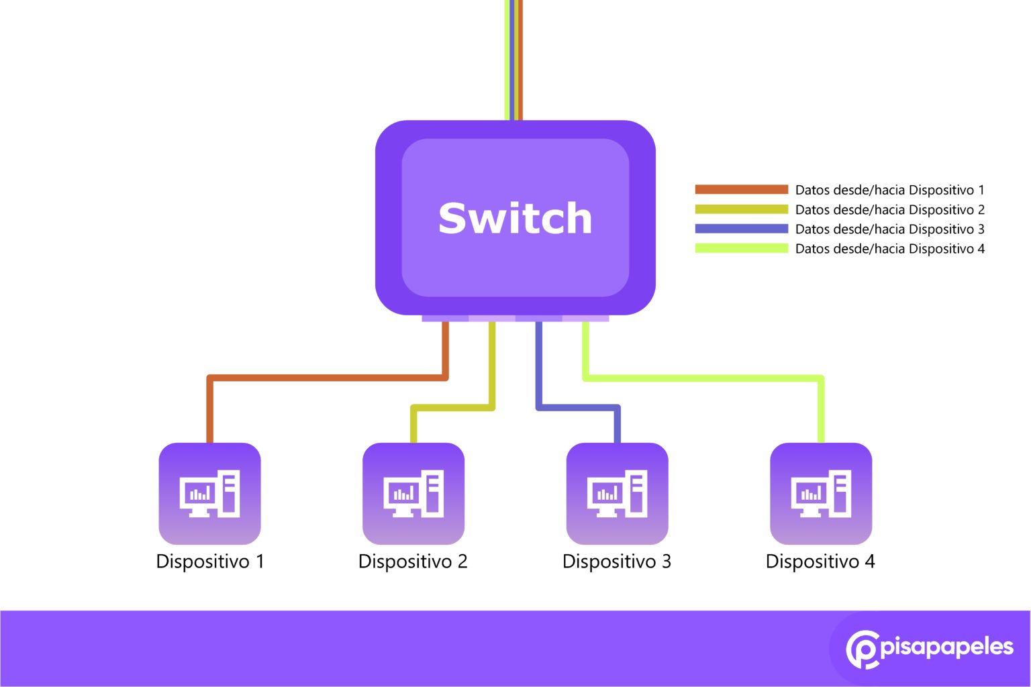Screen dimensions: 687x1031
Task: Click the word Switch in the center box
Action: [x=515, y=218]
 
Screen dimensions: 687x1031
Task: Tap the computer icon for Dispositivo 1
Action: [x=209, y=494]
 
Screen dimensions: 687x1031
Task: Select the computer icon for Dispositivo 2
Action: [x=413, y=494]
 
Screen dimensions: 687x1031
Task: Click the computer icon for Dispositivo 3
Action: [x=617, y=494]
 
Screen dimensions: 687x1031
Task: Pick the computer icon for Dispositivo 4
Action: [x=821, y=494]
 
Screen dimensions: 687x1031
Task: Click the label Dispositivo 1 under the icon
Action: [x=210, y=562]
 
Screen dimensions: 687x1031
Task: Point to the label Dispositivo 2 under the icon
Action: [x=413, y=562]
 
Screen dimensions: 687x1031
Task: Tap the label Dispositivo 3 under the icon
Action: [x=617, y=562]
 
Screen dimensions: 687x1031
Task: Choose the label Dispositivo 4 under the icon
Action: [x=820, y=562]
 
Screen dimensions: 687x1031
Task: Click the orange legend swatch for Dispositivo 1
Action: [x=741, y=190]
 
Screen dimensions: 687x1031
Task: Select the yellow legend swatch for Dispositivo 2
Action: [x=741, y=209]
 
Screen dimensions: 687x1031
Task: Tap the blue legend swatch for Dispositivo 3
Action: [x=741, y=229]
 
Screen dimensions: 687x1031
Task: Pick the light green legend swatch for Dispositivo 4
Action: [x=741, y=248]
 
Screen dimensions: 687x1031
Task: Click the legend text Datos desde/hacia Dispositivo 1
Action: [x=889, y=190]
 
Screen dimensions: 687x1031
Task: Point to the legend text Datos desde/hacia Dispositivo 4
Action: [x=889, y=249]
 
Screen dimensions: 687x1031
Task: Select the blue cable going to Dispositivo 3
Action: [x=577, y=407]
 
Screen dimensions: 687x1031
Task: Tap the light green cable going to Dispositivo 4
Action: [x=705, y=378]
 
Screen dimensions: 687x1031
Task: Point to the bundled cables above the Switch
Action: [x=513, y=60]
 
